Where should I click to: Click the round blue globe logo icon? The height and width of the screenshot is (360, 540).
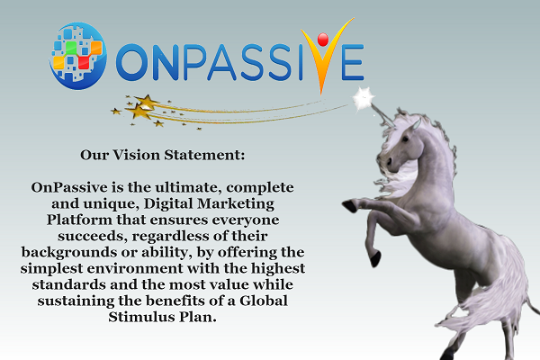coord(77,56)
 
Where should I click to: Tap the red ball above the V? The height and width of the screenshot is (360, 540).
coord(323,40)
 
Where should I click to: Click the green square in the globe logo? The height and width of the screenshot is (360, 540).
coord(71,48)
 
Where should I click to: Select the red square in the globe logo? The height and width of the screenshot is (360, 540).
coord(84,62)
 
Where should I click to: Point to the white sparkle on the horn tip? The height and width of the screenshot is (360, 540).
coord(364,98)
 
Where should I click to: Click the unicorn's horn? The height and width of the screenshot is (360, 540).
coord(382,114)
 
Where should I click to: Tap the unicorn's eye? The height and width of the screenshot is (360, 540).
coord(405,139)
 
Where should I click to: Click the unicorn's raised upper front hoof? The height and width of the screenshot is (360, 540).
coord(349,206)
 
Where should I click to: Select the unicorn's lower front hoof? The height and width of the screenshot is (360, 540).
coord(375,259)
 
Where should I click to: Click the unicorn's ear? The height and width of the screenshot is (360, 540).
coord(416,124)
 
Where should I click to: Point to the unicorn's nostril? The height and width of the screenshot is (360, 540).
coord(389,161)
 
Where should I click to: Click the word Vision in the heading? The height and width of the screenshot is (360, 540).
coord(137,155)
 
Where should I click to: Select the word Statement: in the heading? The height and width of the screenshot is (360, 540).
coord(204,155)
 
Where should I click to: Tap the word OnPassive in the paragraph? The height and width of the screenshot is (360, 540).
coord(69,187)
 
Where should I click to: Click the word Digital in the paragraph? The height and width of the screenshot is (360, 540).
coord(169,204)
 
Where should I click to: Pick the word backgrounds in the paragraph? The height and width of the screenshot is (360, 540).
coord(69,252)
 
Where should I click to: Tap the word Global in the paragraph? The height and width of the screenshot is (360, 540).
coord(264,301)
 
